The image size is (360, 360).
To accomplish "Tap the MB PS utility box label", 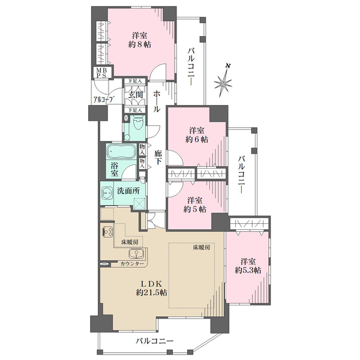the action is coord(101,73).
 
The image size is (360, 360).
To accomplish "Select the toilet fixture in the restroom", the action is coord(138,124).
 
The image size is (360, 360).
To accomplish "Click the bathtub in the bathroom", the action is coord(121,151).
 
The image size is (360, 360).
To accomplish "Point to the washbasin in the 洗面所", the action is coord(107,193).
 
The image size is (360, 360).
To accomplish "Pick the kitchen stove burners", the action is coord(107,232).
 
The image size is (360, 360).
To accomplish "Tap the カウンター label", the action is coord(132,264).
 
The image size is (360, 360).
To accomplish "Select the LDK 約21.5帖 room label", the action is coord(151,289).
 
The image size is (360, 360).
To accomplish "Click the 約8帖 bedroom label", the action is coord(140,40).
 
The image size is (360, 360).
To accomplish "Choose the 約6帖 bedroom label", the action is coord(197,135).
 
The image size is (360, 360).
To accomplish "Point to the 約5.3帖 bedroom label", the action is coord(248,266).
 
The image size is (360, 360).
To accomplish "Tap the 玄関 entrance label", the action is coord(135,95).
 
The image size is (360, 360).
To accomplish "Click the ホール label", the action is coord(157,101).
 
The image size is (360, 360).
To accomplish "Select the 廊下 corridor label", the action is coord(157,157).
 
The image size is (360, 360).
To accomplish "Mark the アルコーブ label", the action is coord(104,100).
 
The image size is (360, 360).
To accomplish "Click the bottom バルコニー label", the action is coord(154,340).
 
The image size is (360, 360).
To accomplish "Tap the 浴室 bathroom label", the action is coord(114,169).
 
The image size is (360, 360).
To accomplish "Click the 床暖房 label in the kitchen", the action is coord(128,242).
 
